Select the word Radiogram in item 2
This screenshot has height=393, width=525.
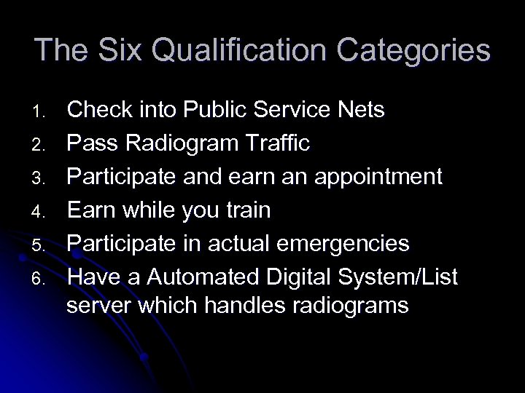[x=196, y=144]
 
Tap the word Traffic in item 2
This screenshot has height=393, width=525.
[x=285, y=143]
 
